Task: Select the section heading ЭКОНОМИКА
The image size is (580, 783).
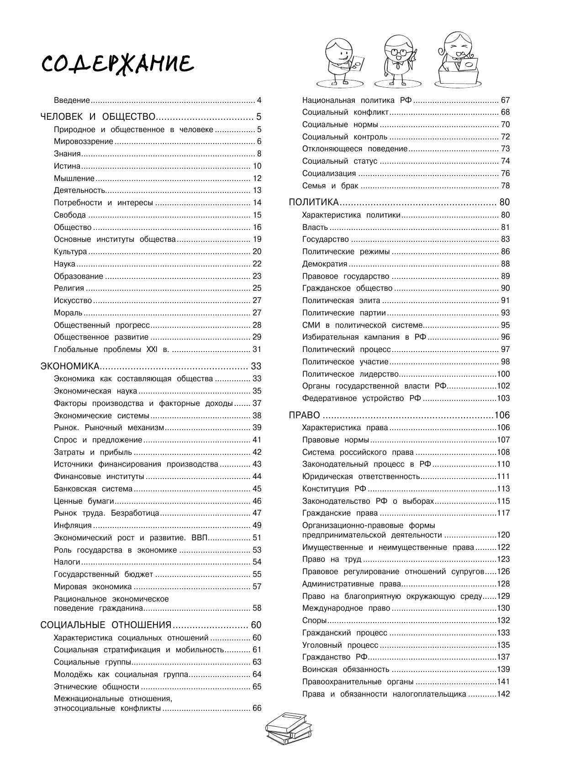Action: [70, 366]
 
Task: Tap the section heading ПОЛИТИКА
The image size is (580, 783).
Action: [314, 202]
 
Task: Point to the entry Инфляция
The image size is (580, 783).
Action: [73, 525]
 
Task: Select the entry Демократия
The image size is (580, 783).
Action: [325, 264]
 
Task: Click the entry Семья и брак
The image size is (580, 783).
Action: [330, 186]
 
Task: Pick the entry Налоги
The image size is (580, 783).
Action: [67, 562]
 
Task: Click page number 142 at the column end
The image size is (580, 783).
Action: [503, 694]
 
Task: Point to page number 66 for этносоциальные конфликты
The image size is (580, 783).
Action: [257, 708]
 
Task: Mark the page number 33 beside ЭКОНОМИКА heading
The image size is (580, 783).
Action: [256, 366]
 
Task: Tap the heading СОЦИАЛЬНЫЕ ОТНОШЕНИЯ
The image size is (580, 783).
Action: [106, 625]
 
